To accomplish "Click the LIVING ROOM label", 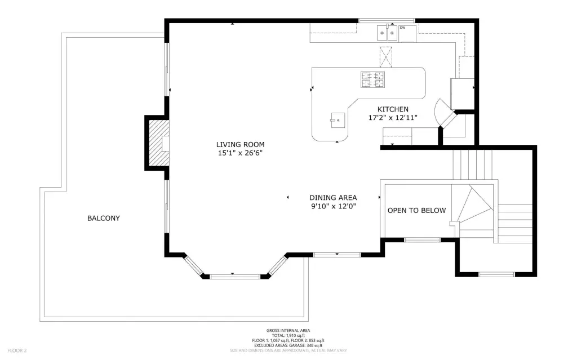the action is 240,145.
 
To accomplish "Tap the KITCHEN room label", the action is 393,109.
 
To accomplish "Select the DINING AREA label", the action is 333,198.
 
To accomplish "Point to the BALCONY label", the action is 104,218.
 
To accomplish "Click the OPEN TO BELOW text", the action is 416,211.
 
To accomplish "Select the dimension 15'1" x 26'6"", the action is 240,153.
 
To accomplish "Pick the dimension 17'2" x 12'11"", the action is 393,118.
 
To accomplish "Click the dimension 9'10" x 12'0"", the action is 334,207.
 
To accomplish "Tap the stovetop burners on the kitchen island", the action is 373,79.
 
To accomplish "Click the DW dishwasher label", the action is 402,28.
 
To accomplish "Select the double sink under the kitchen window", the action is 387,33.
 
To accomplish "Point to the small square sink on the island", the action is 338,121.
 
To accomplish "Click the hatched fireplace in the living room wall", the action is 159,143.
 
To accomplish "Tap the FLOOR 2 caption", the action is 17,350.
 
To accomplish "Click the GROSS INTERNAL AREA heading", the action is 288,331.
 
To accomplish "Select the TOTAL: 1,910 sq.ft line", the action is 288,336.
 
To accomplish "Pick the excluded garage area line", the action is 288,346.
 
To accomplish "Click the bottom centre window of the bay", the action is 236,276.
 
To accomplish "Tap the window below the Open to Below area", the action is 423,240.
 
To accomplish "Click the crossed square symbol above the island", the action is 386,57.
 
